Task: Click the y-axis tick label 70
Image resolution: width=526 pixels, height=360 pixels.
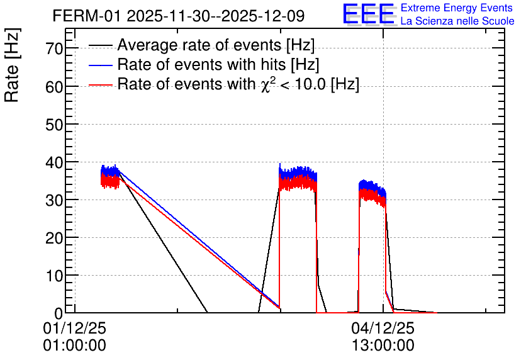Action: point(54,48)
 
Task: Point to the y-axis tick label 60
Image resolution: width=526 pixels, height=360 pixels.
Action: point(54,87)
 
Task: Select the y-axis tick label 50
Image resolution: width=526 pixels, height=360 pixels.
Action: point(54,125)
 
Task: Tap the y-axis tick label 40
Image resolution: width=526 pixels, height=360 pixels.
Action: point(54,163)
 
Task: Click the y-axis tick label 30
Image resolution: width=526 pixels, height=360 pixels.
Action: point(54,201)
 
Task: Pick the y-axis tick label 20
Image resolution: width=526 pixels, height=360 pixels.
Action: point(54,239)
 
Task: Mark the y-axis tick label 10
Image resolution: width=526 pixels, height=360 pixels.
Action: point(54,276)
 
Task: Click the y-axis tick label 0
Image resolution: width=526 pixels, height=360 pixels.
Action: point(59,313)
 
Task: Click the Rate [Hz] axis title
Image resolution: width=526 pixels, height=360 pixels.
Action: point(12,65)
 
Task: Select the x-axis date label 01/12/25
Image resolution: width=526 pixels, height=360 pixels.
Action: point(74,328)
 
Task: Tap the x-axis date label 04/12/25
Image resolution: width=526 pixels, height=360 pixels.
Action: point(383,328)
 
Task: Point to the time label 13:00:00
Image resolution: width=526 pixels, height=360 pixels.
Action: point(383,346)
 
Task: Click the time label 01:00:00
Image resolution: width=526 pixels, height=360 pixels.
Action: point(74,346)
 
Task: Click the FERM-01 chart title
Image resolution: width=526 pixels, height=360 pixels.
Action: point(179,16)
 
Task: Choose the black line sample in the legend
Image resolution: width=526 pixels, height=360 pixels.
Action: point(100,45)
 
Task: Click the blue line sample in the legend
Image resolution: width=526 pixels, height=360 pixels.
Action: point(100,65)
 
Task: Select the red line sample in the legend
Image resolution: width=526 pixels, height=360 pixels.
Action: point(100,84)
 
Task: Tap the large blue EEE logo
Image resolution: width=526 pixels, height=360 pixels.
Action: point(369,14)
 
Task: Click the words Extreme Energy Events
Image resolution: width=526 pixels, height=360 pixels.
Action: point(457,8)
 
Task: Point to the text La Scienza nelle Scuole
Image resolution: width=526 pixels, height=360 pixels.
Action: point(457,21)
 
